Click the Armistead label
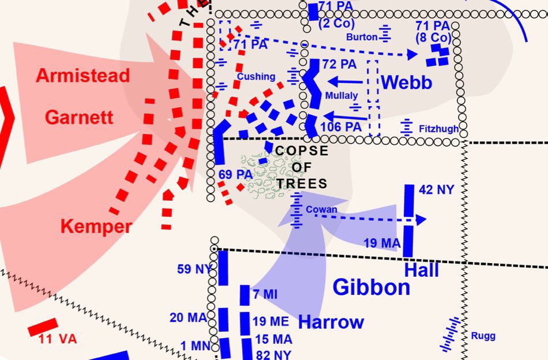[83, 76]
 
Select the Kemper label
[96, 227]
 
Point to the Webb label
[406, 82]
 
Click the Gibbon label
[371, 287]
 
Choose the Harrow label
[331, 322]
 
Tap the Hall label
[421, 270]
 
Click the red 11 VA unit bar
[43, 327]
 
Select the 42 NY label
[437, 189]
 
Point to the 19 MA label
[382, 243]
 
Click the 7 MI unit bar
[244, 295]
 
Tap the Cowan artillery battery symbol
[296, 210]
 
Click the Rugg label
[483, 336]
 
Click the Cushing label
[256, 76]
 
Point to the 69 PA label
[235, 174]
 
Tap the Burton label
[362, 37]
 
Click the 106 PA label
[340, 126]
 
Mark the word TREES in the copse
[302, 184]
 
